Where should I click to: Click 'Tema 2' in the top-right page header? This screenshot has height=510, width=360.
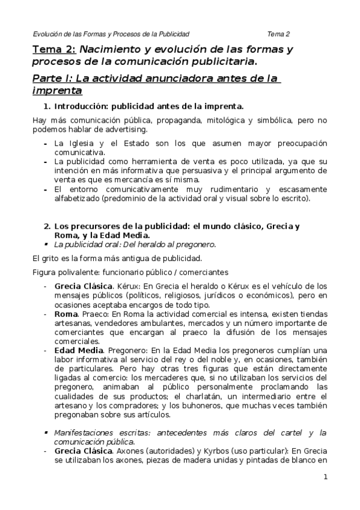click(x=279, y=34)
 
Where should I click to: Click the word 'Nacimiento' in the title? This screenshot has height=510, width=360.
click(x=107, y=49)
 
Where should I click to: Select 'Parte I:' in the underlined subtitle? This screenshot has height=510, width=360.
click(x=50, y=79)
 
